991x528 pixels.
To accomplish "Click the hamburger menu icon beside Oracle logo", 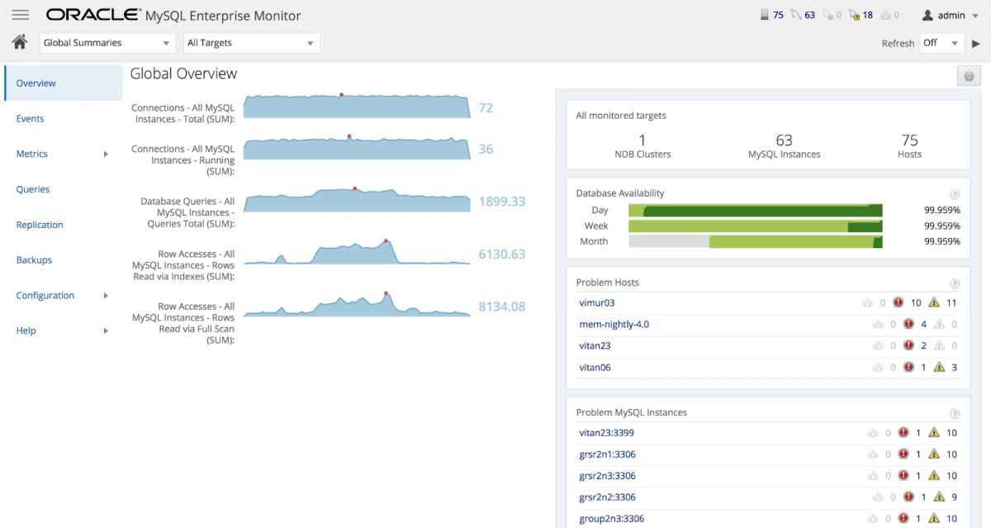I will click(21, 15).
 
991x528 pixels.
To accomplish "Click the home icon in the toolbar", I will click(20, 42).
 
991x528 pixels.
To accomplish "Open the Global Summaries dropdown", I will click(107, 43).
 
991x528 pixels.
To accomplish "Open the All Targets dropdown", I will click(251, 43).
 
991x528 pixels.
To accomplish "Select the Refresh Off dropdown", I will click(941, 43).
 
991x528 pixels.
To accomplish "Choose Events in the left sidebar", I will click(31, 119).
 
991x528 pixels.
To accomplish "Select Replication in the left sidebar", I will click(40, 225).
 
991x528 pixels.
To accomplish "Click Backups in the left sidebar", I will click(34, 260).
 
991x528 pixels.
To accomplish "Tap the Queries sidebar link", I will click(33, 189).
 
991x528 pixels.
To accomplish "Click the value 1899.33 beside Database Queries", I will click(501, 202).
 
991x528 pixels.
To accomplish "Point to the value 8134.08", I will click(501, 307).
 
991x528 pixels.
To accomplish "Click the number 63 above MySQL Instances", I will click(784, 140).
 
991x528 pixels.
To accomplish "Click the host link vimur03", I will click(596, 303).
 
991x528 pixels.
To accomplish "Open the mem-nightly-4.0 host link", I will click(614, 325).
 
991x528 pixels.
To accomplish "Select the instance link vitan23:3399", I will click(606, 433).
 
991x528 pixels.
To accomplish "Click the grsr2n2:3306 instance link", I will click(607, 497).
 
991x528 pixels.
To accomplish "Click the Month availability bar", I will click(755, 242).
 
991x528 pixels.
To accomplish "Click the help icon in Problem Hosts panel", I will click(955, 283).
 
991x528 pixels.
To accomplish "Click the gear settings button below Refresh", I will click(969, 76).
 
